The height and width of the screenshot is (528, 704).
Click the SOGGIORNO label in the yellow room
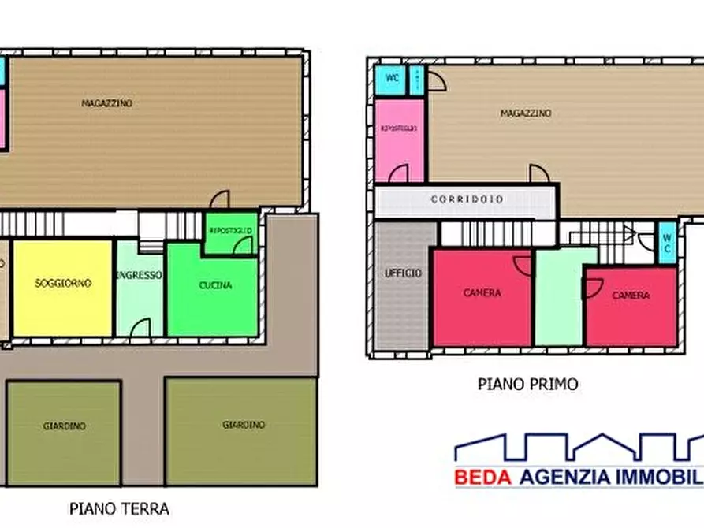63,283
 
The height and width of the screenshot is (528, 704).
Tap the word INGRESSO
139,276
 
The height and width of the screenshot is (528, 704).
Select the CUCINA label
215,285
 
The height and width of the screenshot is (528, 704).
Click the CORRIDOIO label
467,199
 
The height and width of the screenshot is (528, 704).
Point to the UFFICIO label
403,273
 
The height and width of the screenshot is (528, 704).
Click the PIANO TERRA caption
119,508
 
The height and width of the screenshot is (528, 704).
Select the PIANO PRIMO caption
527,385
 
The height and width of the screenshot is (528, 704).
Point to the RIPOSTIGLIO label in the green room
230,230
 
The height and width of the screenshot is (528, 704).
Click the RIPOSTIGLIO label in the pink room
398,128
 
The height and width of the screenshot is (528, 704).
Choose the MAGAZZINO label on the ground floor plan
107,103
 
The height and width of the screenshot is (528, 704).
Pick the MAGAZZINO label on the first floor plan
525,113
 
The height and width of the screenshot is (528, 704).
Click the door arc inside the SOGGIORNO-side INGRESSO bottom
140,326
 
